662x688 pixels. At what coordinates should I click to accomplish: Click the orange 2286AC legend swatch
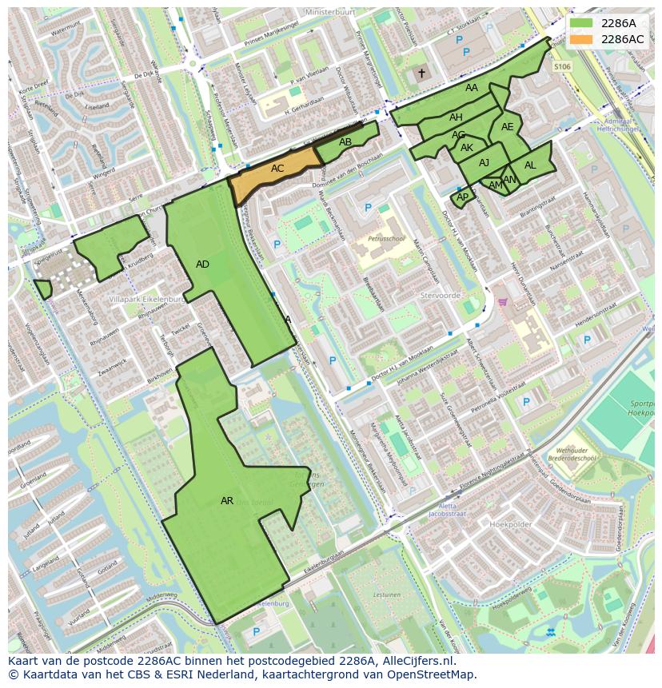point(583,39)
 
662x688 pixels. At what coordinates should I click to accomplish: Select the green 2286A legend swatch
point(583,23)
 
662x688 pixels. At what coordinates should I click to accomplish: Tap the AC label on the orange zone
point(277,169)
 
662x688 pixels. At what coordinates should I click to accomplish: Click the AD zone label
point(202,264)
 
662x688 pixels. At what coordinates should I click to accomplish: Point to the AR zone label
point(227,501)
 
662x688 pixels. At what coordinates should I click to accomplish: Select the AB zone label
point(345,142)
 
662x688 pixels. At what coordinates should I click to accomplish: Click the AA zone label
point(472,88)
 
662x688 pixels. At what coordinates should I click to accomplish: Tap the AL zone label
point(530,165)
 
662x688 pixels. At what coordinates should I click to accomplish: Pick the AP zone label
point(462,197)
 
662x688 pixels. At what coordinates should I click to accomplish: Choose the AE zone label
point(507,126)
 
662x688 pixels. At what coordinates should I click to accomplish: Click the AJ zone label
point(484,163)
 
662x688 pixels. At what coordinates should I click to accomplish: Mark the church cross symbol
point(421,74)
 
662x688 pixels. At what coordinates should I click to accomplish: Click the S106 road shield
point(562,67)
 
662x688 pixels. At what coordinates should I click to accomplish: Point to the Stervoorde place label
point(440,295)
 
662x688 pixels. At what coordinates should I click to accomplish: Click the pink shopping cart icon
point(503,302)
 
